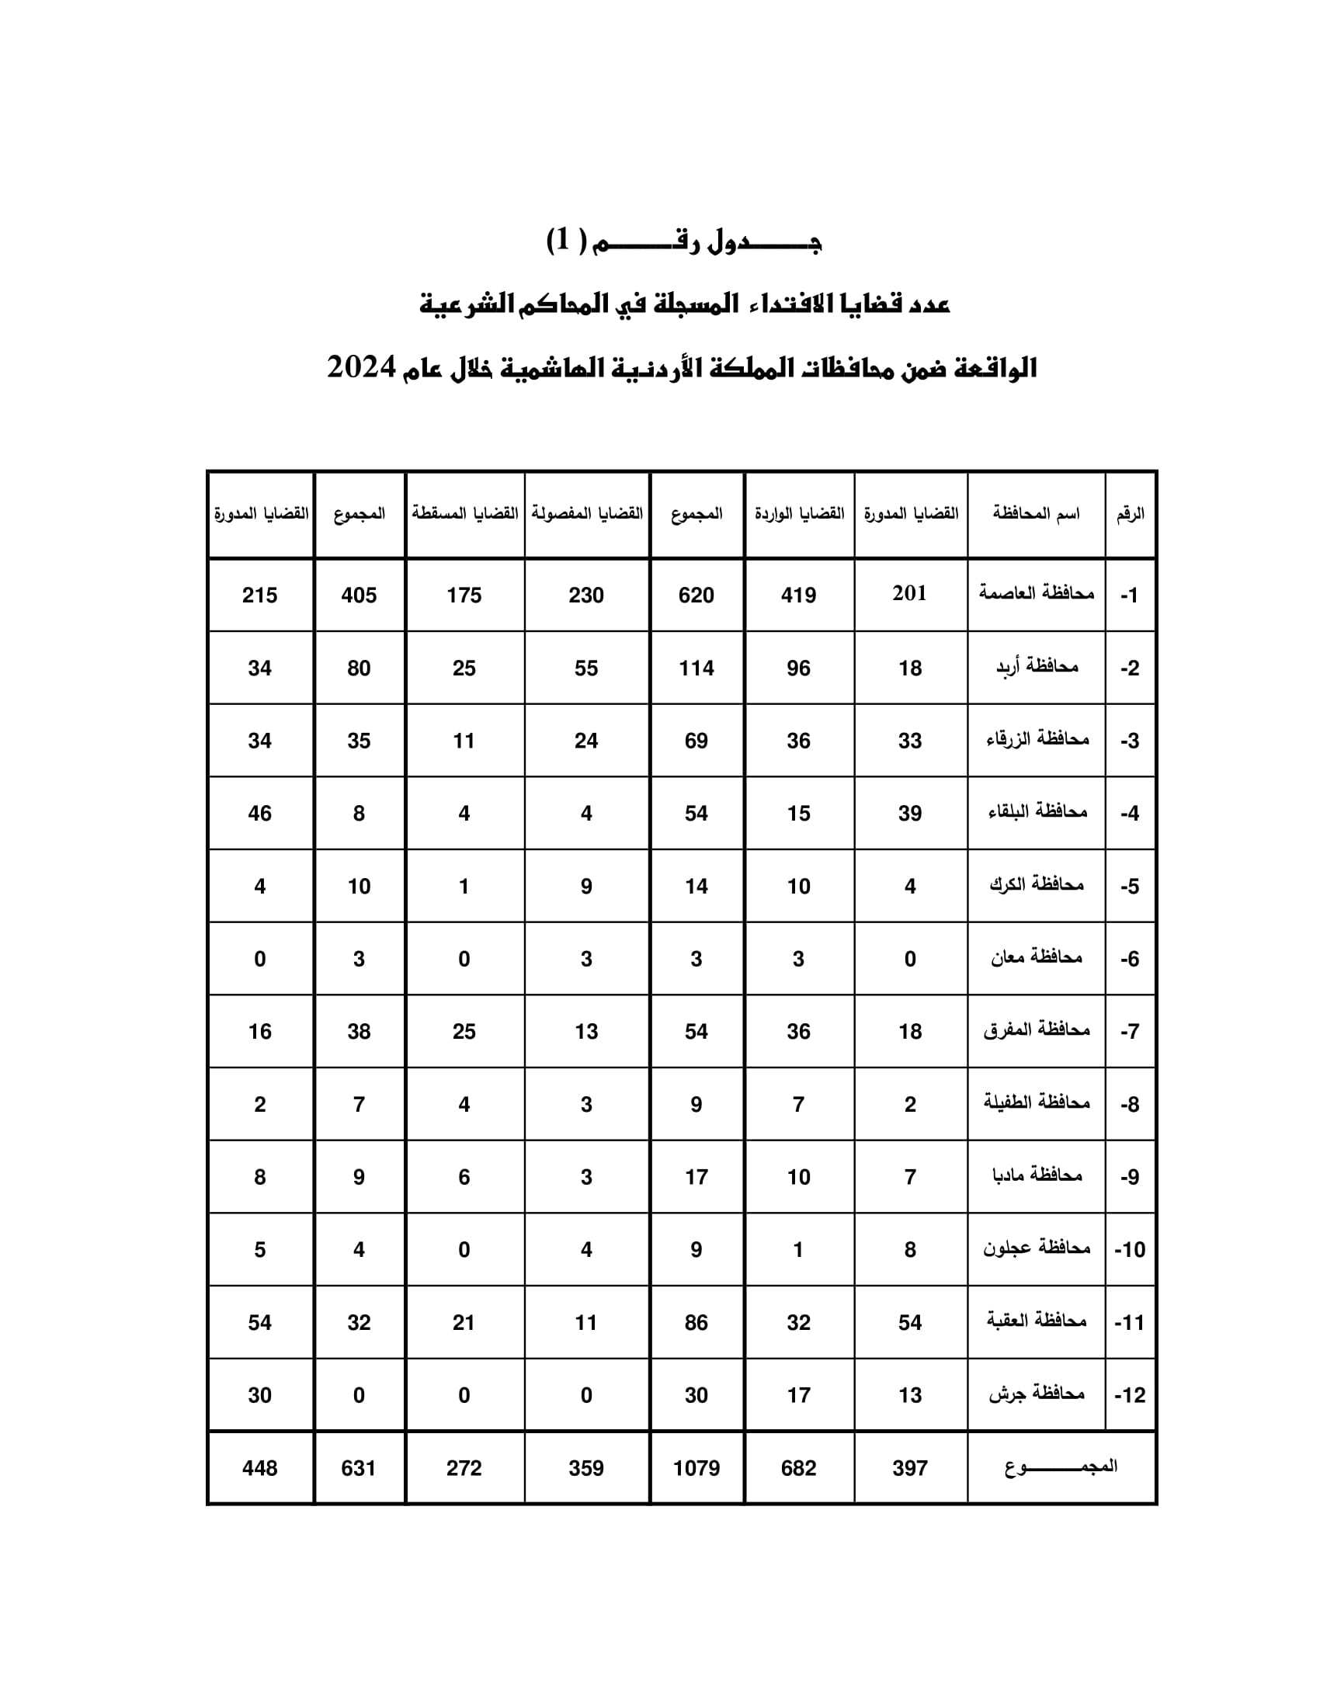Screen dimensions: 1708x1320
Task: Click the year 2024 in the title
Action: [361, 366]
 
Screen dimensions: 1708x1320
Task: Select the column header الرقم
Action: [1130, 514]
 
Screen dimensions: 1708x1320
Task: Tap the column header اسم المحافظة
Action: [1036, 514]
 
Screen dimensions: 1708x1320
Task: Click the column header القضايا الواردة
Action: [798, 514]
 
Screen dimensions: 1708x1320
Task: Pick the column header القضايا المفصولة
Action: [586, 514]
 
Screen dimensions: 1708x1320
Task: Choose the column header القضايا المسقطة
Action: [464, 514]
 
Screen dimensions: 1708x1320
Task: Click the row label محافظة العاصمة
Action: [1036, 594]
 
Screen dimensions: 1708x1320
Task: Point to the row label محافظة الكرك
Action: [1036, 885]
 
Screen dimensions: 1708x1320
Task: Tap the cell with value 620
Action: [696, 595]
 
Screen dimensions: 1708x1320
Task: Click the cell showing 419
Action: [798, 595]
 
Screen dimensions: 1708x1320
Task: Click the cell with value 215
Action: [259, 595]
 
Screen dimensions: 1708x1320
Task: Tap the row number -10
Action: [1130, 1250]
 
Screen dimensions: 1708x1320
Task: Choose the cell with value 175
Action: [464, 595]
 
